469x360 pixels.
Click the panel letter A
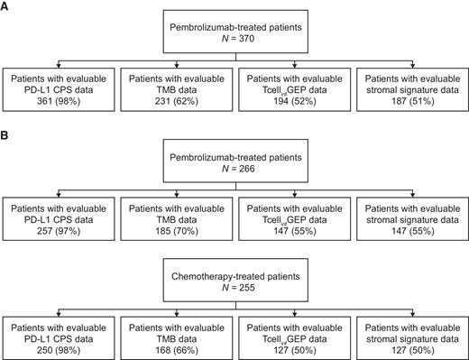click(7, 8)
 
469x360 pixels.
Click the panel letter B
click(7, 141)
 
